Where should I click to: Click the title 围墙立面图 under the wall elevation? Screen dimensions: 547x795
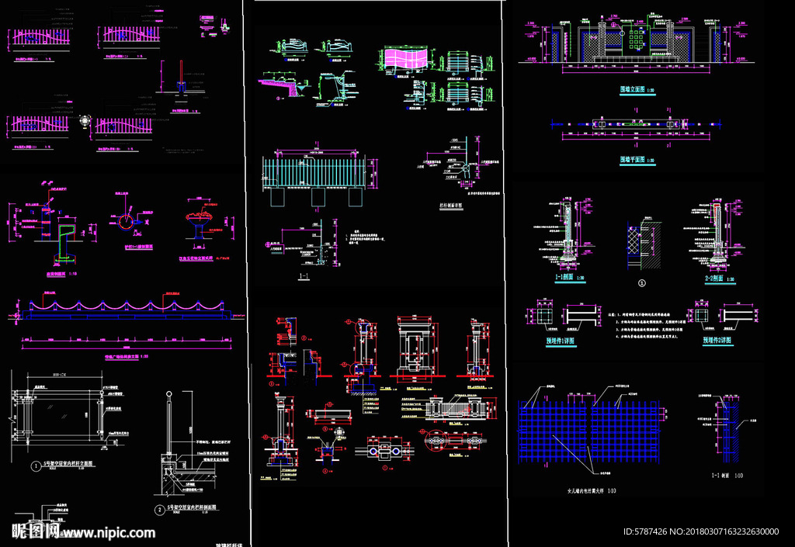click(634, 90)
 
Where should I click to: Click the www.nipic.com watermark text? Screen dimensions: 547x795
click(109, 533)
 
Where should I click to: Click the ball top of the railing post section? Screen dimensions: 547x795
click(165, 396)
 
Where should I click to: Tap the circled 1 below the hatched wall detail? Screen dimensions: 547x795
click(641, 284)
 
